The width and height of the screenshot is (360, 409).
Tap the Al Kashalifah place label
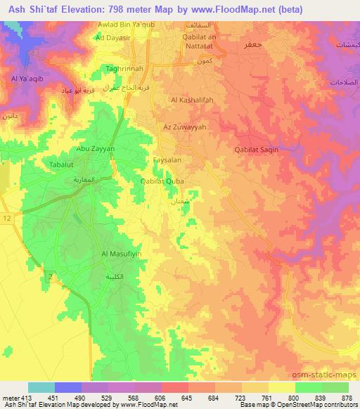click(190, 100)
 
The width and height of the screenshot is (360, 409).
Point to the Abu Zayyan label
click(95, 150)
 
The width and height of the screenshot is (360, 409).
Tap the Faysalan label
click(168, 160)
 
